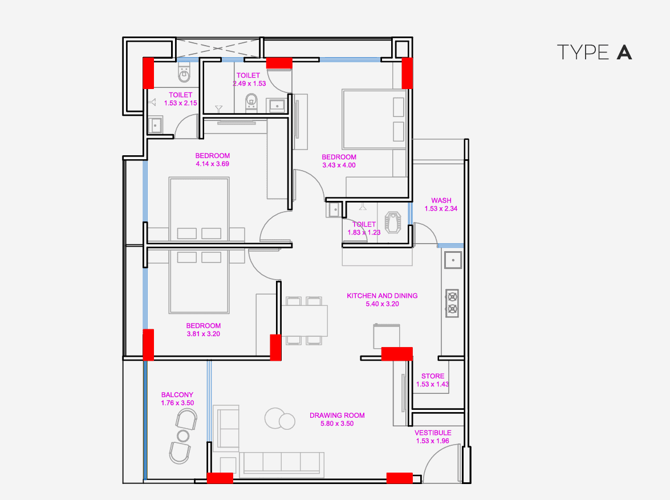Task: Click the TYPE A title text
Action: (594, 52)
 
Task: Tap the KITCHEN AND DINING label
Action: (382, 296)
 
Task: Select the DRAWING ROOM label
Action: (337, 416)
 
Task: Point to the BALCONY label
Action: (177, 394)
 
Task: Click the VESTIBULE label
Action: (433, 433)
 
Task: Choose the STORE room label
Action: (433, 376)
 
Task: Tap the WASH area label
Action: (441, 200)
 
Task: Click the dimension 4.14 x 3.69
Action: (212, 164)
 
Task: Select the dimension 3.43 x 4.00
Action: (339, 166)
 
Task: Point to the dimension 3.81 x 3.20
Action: (203, 334)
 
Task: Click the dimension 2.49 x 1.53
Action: (249, 83)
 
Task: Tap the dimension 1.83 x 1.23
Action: (364, 233)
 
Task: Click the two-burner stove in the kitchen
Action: (452, 303)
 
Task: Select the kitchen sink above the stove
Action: (453, 261)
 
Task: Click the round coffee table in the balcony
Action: (183, 436)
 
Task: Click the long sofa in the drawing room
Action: (282, 462)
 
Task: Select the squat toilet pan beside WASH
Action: (394, 222)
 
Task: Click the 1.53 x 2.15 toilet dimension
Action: (180, 103)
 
